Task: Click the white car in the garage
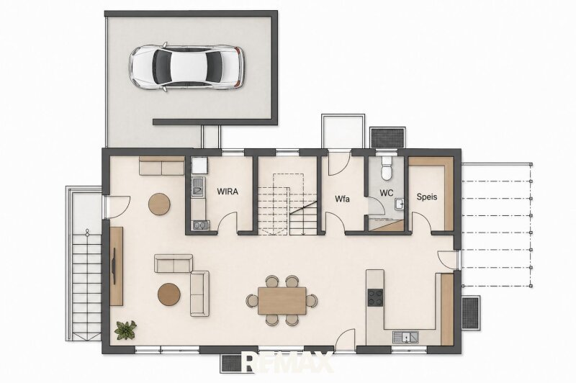tap(186, 67)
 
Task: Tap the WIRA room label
tap(228, 191)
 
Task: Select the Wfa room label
tap(342, 199)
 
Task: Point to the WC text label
tap(387, 193)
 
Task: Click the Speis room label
tap(427, 197)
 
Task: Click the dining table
tap(282, 301)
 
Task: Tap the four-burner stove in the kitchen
tap(375, 297)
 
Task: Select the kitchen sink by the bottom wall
tap(405, 337)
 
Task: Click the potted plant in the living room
tap(125, 330)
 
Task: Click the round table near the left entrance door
tap(159, 204)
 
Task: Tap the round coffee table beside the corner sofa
tap(169, 294)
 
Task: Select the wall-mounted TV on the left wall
tap(114, 266)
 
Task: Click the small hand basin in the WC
tap(400, 204)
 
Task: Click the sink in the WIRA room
tap(198, 186)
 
